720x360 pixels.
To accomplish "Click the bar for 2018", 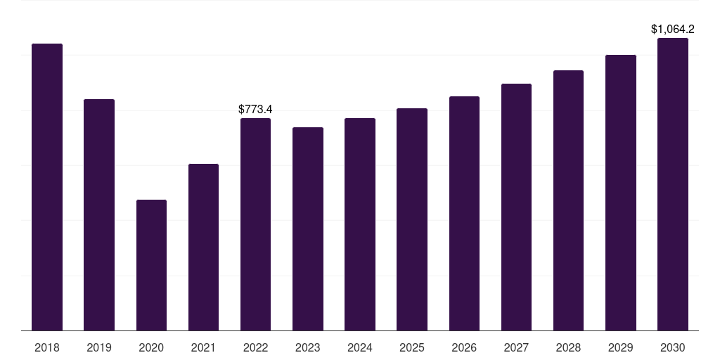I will tap(47, 187).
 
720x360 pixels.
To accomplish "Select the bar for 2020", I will tap(151, 265).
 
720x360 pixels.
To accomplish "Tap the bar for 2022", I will tap(255, 224).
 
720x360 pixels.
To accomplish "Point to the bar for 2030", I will tap(673, 184).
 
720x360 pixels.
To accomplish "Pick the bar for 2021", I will tap(203, 247).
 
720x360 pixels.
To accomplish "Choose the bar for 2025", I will tap(412, 219).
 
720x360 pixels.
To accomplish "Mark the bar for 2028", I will tap(568, 200).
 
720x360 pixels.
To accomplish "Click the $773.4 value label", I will tap(255, 109).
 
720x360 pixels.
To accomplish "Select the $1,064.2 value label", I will tap(673, 29).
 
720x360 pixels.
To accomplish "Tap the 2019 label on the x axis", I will tap(99, 347).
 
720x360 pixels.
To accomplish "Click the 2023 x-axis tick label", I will tap(308, 347).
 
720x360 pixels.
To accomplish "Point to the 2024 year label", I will tap(360, 347).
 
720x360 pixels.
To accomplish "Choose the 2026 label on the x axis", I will tap(464, 347).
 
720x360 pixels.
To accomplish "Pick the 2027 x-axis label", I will tap(516, 347).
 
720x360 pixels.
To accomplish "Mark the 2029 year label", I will tap(620, 347).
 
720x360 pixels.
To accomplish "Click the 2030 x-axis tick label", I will tap(673, 347).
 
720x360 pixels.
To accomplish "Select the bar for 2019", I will tap(99, 214).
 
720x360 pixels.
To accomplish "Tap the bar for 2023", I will tap(308, 229).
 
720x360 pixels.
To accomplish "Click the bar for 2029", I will tap(620, 193).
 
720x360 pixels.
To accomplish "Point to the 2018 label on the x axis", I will tap(47, 347).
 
